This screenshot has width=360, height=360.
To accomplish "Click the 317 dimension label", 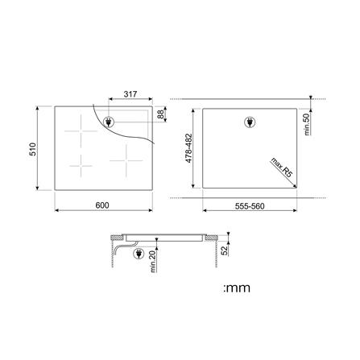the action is (130, 94).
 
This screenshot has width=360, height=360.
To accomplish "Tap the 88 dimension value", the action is (160, 114).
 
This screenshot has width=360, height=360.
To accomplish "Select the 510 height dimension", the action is (32, 149).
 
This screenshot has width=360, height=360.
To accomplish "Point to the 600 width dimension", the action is (102, 205).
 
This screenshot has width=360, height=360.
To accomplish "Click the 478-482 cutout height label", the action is (189, 148).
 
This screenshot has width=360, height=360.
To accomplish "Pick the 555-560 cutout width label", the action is (250, 206).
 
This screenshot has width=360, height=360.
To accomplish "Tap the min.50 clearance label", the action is (307, 124).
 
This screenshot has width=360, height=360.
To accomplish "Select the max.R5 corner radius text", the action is (281, 168).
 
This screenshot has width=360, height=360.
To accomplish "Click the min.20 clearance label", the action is (153, 261).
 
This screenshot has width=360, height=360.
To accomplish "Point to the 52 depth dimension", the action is (224, 250).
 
